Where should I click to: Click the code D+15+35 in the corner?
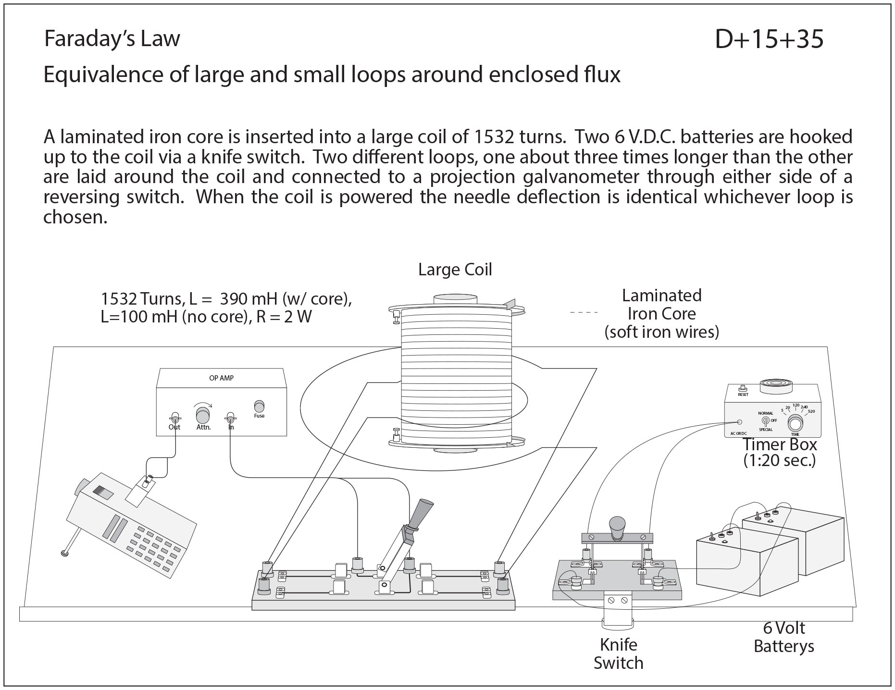(x=769, y=39)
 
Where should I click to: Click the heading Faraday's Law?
(x=112, y=38)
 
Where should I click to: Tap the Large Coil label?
(x=455, y=269)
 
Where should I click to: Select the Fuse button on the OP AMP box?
(x=259, y=406)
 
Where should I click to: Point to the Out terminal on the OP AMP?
(x=174, y=418)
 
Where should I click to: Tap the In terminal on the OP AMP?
(x=231, y=417)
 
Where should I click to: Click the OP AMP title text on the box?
(x=221, y=378)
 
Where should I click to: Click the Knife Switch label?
(x=618, y=653)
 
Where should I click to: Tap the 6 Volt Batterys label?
(x=783, y=637)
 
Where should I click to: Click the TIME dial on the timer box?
(x=795, y=423)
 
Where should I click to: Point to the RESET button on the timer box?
(x=743, y=388)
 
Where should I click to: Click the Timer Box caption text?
(x=780, y=452)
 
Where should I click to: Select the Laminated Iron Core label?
(x=661, y=313)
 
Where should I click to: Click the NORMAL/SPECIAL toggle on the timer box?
(x=766, y=421)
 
